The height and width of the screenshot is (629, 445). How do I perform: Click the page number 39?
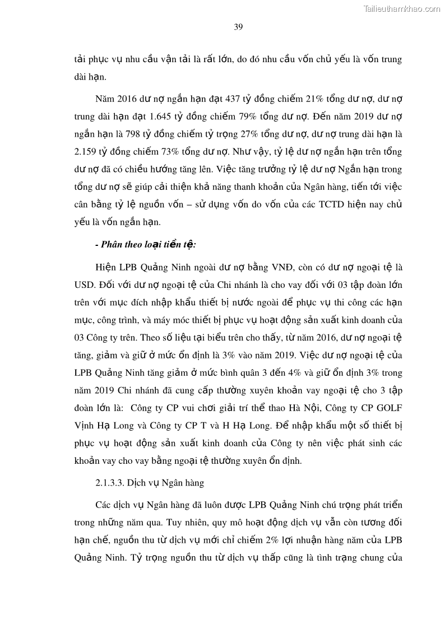click(x=238, y=27)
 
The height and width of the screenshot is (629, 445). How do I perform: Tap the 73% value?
click(x=174, y=153)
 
